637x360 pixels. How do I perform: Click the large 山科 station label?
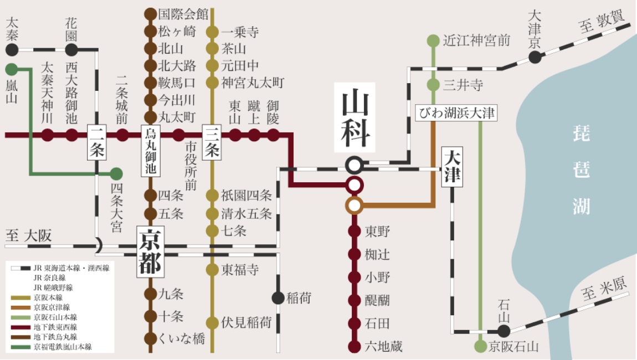(355, 117)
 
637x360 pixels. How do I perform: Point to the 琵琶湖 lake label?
(582, 168)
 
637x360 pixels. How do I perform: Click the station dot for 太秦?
(12, 50)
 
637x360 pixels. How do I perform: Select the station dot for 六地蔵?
(355, 347)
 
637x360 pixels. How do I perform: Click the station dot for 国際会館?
(150, 14)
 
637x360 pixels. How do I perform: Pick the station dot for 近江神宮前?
(433, 40)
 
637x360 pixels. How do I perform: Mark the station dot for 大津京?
(535, 57)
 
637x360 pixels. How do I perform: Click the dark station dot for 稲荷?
(278, 298)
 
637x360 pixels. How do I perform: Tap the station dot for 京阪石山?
(480, 347)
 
